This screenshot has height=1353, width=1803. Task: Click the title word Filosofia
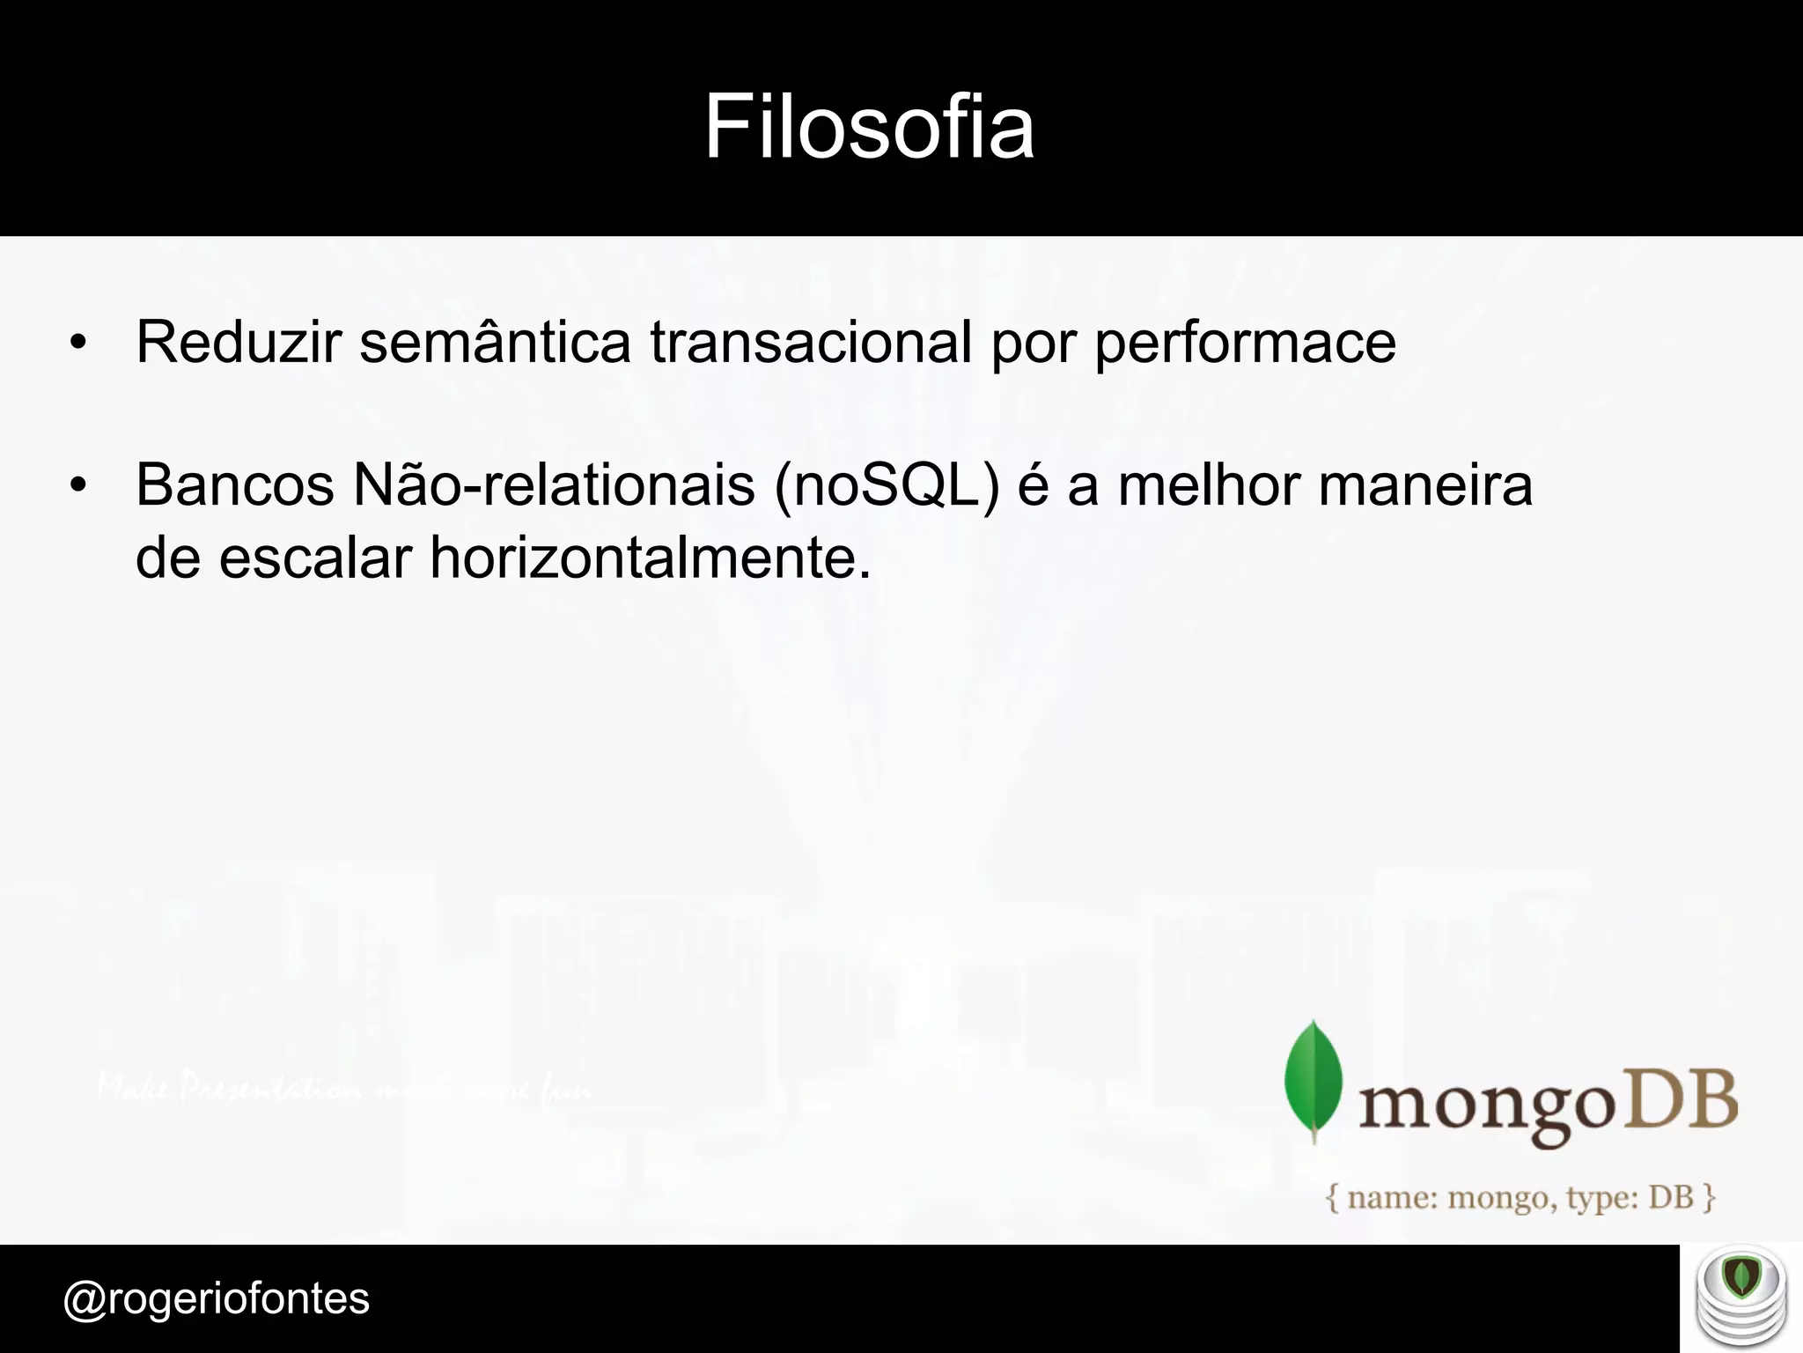click(869, 127)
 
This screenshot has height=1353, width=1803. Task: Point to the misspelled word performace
click(1245, 344)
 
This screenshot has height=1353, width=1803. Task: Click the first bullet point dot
click(78, 344)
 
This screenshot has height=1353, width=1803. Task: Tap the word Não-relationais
click(554, 485)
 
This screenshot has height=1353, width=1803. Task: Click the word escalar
click(315, 558)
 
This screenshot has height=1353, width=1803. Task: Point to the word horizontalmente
click(650, 558)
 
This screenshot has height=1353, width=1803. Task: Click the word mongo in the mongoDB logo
click(1486, 1105)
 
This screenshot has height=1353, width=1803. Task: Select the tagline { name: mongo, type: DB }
click(1520, 1198)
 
